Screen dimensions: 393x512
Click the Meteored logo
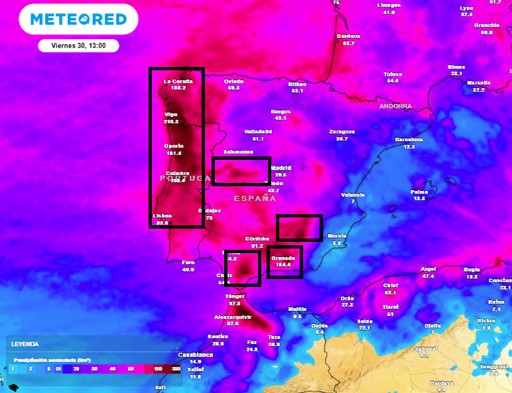pyautogui.click(x=78, y=19)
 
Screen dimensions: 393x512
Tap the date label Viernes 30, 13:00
pyautogui.click(x=78, y=46)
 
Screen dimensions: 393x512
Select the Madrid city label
pyautogui.click(x=281, y=168)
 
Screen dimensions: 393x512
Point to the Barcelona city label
pyautogui.click(x=409, y=139)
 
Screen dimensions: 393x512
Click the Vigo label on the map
pyautogui.click(x=171, y=115)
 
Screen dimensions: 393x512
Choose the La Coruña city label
pyautogui.click(x=178, y=82)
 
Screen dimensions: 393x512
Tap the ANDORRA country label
pyautogui.click(x=395, y=106)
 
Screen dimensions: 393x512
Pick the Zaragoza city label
pyautogui.click(x=342, y=131)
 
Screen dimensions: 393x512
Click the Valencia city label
pyautogui.click(x=353, y=195)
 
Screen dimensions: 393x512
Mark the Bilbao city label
pyautogui.click(x=296, y=84)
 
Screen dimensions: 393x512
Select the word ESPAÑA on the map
pyautogui.click(x=255, y=198)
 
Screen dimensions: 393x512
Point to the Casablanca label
pyautogui.click(x=195, y=355)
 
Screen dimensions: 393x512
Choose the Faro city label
pyautogui.click(x=188, y=262)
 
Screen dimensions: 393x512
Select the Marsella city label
pyautogui.click(x=478, y=83)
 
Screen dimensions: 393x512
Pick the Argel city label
pyautogui.click(x=428, y=269)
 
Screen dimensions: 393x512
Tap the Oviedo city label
pyautogui.click(x=233, y=82)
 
